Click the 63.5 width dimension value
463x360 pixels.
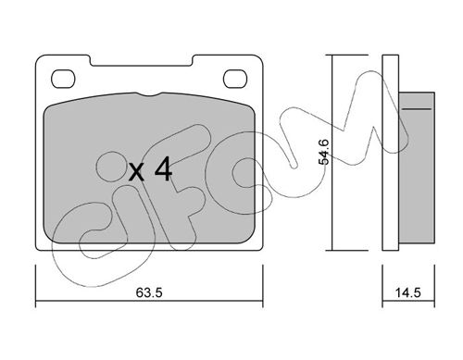(x=149, y=292)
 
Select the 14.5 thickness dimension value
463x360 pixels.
(x=408, y=292)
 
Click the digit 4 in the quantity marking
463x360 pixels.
(x=163, y=168)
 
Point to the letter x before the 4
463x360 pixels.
(x=136, y=172)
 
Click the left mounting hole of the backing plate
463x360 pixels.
(x=63, y=79)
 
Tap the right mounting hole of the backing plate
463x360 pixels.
(x=235, y=79)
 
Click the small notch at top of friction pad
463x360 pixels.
(x=149, y=94)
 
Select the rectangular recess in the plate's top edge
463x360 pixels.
(x=142, y=60)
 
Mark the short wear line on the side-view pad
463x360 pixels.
(x=417, y=109)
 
